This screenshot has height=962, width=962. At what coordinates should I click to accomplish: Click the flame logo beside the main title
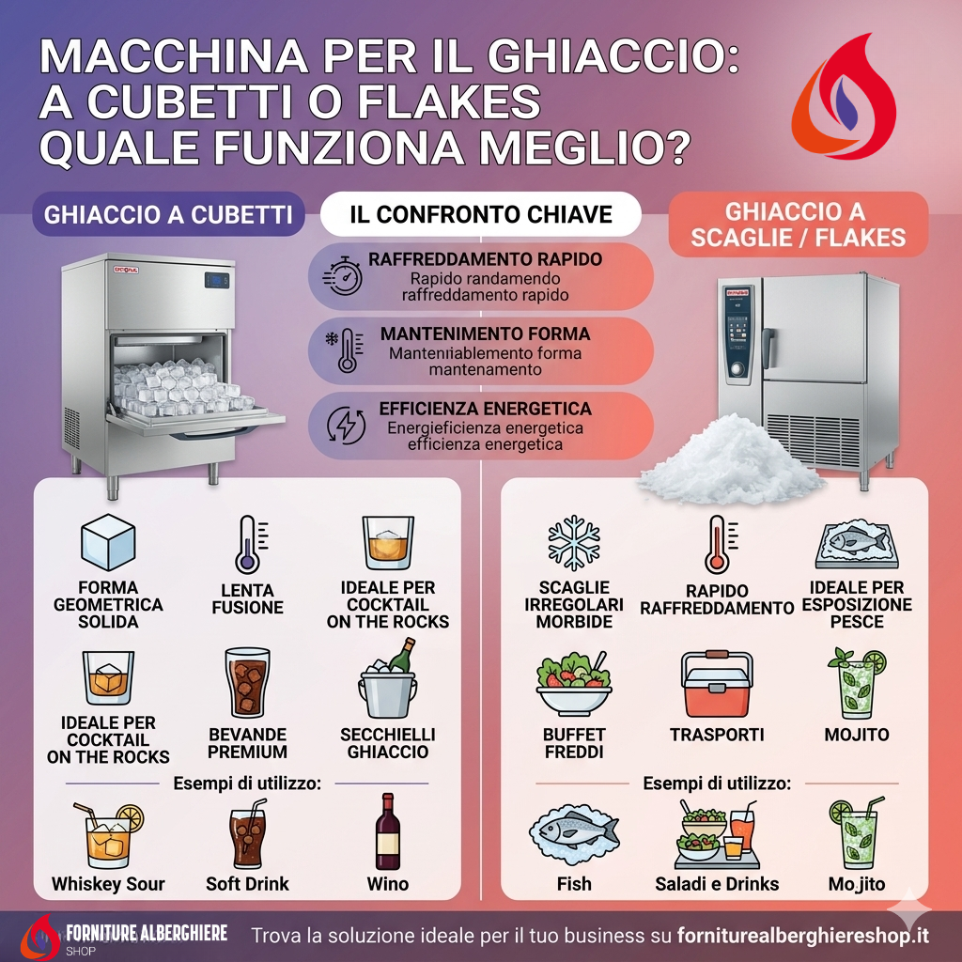tap(844, 98)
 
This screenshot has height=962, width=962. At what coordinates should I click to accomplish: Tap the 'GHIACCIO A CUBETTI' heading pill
tap(169, 215)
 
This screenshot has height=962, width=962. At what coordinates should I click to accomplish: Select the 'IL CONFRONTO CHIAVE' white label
tap(481, 214)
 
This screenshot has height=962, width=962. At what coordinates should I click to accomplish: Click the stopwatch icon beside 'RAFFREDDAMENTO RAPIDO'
tap(342, 275)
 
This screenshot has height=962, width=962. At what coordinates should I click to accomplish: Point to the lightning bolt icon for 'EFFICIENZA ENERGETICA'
tap(346, 425)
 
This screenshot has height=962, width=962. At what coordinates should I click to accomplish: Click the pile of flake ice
tap(730, 458)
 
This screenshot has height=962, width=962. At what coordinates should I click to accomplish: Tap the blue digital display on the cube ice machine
tap(217, 280)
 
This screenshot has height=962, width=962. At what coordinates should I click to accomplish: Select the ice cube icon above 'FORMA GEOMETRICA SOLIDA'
tap(108, 542)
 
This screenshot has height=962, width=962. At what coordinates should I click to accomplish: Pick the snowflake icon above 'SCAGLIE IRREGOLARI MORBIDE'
tap(574, 543)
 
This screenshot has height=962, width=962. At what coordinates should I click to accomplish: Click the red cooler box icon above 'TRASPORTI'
tap(717, 684)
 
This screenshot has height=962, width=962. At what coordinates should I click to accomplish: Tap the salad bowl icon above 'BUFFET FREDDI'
tap(574, 683)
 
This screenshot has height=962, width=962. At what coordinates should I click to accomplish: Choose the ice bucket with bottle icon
tap(388, 678)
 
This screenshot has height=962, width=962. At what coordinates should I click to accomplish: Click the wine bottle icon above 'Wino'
tap(388, 831)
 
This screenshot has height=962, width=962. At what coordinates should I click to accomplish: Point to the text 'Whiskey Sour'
tap(108, 884)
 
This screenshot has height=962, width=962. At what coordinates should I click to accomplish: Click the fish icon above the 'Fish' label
tap(574, 833)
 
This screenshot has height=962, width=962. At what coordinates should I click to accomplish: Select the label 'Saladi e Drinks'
tap(717, 884)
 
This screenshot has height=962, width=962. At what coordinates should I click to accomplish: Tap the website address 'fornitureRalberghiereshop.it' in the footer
tap(802, 937)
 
